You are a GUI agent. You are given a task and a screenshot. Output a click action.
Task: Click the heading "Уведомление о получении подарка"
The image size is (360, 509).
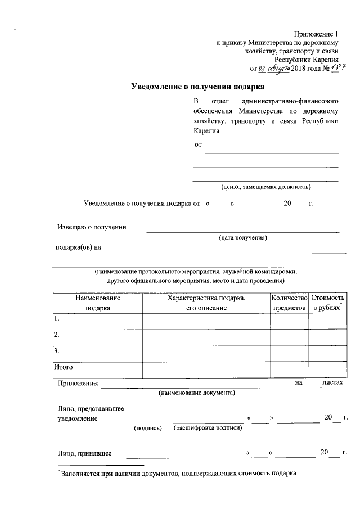click(x=197, y=87)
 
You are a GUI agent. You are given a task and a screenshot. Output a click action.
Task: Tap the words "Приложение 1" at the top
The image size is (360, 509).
click(x=318, y=34)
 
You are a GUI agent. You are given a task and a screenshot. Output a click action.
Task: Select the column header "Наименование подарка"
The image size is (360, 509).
click(x=97, y=303)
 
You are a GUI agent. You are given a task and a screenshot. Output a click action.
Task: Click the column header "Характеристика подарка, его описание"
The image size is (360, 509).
click(x=206, y=303)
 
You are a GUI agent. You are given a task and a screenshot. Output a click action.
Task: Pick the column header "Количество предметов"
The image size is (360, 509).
click(x=289, y=303)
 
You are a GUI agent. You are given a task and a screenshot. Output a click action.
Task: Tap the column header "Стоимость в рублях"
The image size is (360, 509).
click(x=327, y=303)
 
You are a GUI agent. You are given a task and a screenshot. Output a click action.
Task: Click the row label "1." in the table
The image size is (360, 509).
click(x=56, y=318)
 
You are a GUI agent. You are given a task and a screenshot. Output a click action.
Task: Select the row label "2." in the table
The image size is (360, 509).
click(x=56, y=335)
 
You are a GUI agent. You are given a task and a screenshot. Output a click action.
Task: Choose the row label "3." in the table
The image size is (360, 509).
click(x=56, y=352)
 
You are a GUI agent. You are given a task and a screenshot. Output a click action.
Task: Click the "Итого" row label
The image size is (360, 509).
click(x=64, y=367)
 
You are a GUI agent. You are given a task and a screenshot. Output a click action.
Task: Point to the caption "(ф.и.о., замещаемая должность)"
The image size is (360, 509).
click(x=265, y=187)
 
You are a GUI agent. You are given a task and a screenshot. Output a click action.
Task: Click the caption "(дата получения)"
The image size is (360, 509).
click(x=243, y=238)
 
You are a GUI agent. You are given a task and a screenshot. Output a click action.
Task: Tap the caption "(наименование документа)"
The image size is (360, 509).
click(x=197, y=392)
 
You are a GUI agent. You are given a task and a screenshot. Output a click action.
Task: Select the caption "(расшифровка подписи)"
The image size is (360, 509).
click(x=208, y=429)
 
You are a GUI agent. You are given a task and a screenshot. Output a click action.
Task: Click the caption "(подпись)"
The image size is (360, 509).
click(x=148, y=429)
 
